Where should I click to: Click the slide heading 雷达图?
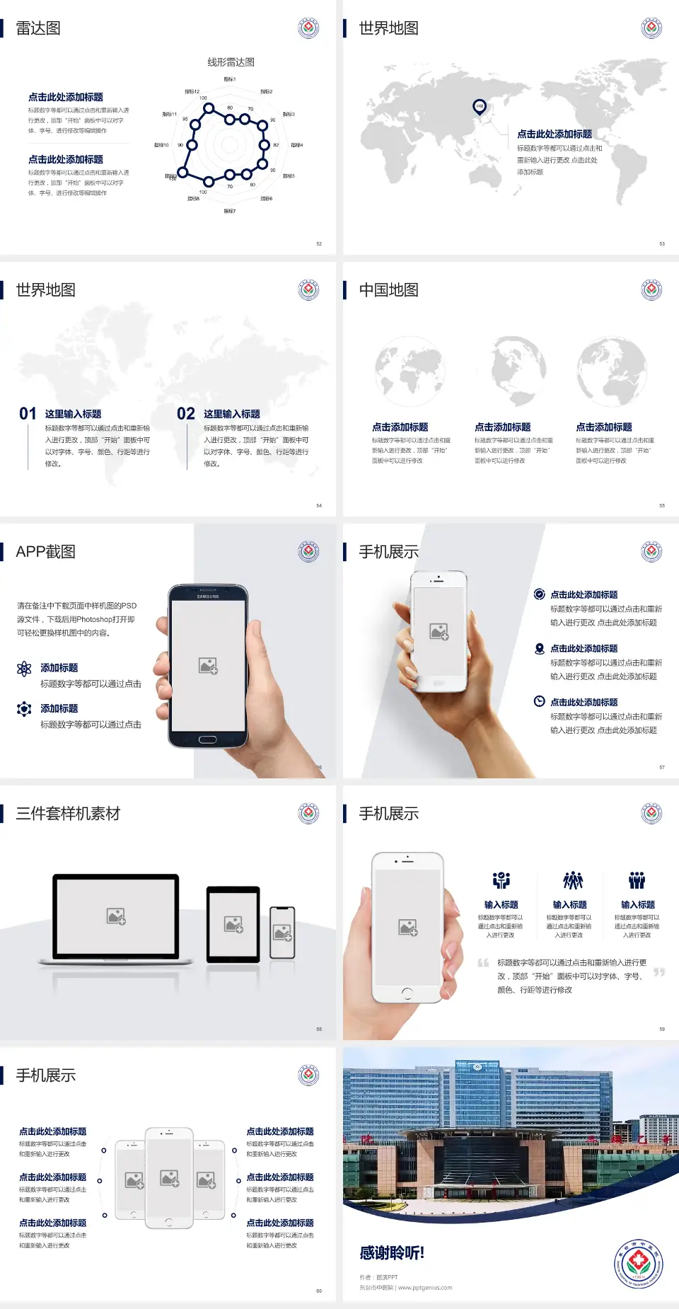pyautogui.click(x=38, y=28)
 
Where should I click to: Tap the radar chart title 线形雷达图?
pyautogui.click(x=231, y=62)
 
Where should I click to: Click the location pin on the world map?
pyautogui.click(x=480, y=107)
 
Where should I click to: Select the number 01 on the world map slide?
pyautogui.click(x=28, y=414)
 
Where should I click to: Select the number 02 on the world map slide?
pyautogui.click(x=186, y=414)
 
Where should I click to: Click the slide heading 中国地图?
pyautogui.click(x=388, y=290)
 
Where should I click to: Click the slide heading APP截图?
pyautogui.click(x=45, y=552)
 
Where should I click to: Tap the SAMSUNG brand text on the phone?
pyautogui.click(x=208, y=596)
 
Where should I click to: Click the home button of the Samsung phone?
pyautogui.click(x=207, y=739)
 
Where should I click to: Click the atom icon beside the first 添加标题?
pyautogui.click(x=24, y=669)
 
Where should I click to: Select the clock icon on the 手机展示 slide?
pyautogui.click(x=539, y=701)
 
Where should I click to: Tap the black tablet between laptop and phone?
pyautogui.click(x=233, y=924)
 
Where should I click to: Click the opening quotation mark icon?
pyautogui.click(x=483, y=963)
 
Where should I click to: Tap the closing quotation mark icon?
pyautogui.click(x=659, y=972)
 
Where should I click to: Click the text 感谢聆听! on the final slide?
pyautogui.click(x=392, y=1253)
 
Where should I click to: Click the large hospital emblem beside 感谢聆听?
pyautogui.click(x=639, y=1264)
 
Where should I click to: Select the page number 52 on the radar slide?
pyautogui.click(x=319, y=243)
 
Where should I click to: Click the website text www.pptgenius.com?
pyautogui.click(x=425, y=1288)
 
